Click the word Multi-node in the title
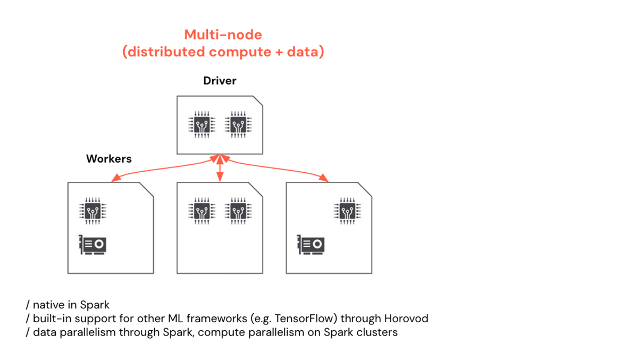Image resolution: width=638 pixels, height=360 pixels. pyautogui.click(x=223, y=35)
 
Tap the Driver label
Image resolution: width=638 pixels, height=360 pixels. pyautogui.click(x=220, y=81)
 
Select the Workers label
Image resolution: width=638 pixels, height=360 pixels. pyautogui.click(x=109, y=158)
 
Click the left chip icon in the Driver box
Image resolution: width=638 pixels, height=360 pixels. pyautogui.click(x=200, y=125)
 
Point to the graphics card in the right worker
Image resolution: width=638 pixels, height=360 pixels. pyautogui.click(x=311, y=245)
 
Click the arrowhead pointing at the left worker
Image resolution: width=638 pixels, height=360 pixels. pyautogui.click(x=114, y=179)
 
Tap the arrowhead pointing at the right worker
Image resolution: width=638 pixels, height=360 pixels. pyautogui.click(x=324, y=179)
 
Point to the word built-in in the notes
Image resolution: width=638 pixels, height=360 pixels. pyautogui.click(x=51, y=319)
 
